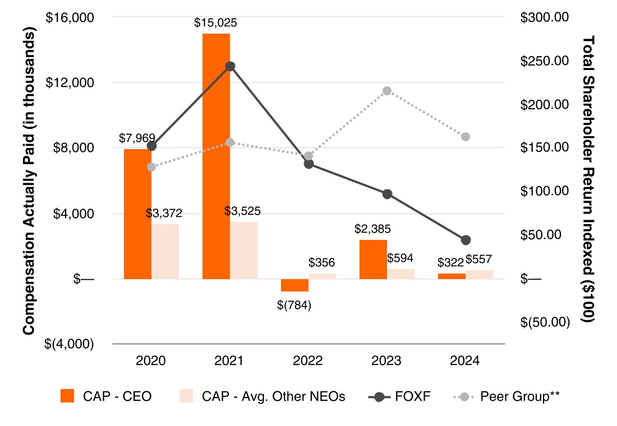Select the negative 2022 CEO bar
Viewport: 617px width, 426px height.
click(294, 285)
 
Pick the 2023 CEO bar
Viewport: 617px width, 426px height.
click(373, 259)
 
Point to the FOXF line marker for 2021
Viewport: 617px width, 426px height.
click(229, 66)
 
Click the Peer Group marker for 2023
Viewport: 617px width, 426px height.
click(386, 91)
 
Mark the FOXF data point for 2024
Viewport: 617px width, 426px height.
click(465, 240)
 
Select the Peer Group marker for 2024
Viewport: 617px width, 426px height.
click(465, 137)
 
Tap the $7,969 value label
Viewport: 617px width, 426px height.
click(137, 137)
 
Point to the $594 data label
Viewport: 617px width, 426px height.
click(400, 258)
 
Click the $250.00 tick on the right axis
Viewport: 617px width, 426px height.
click(545, 61)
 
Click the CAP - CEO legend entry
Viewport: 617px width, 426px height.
click(107, 396)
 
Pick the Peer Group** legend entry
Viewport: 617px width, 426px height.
click(507, 396)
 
